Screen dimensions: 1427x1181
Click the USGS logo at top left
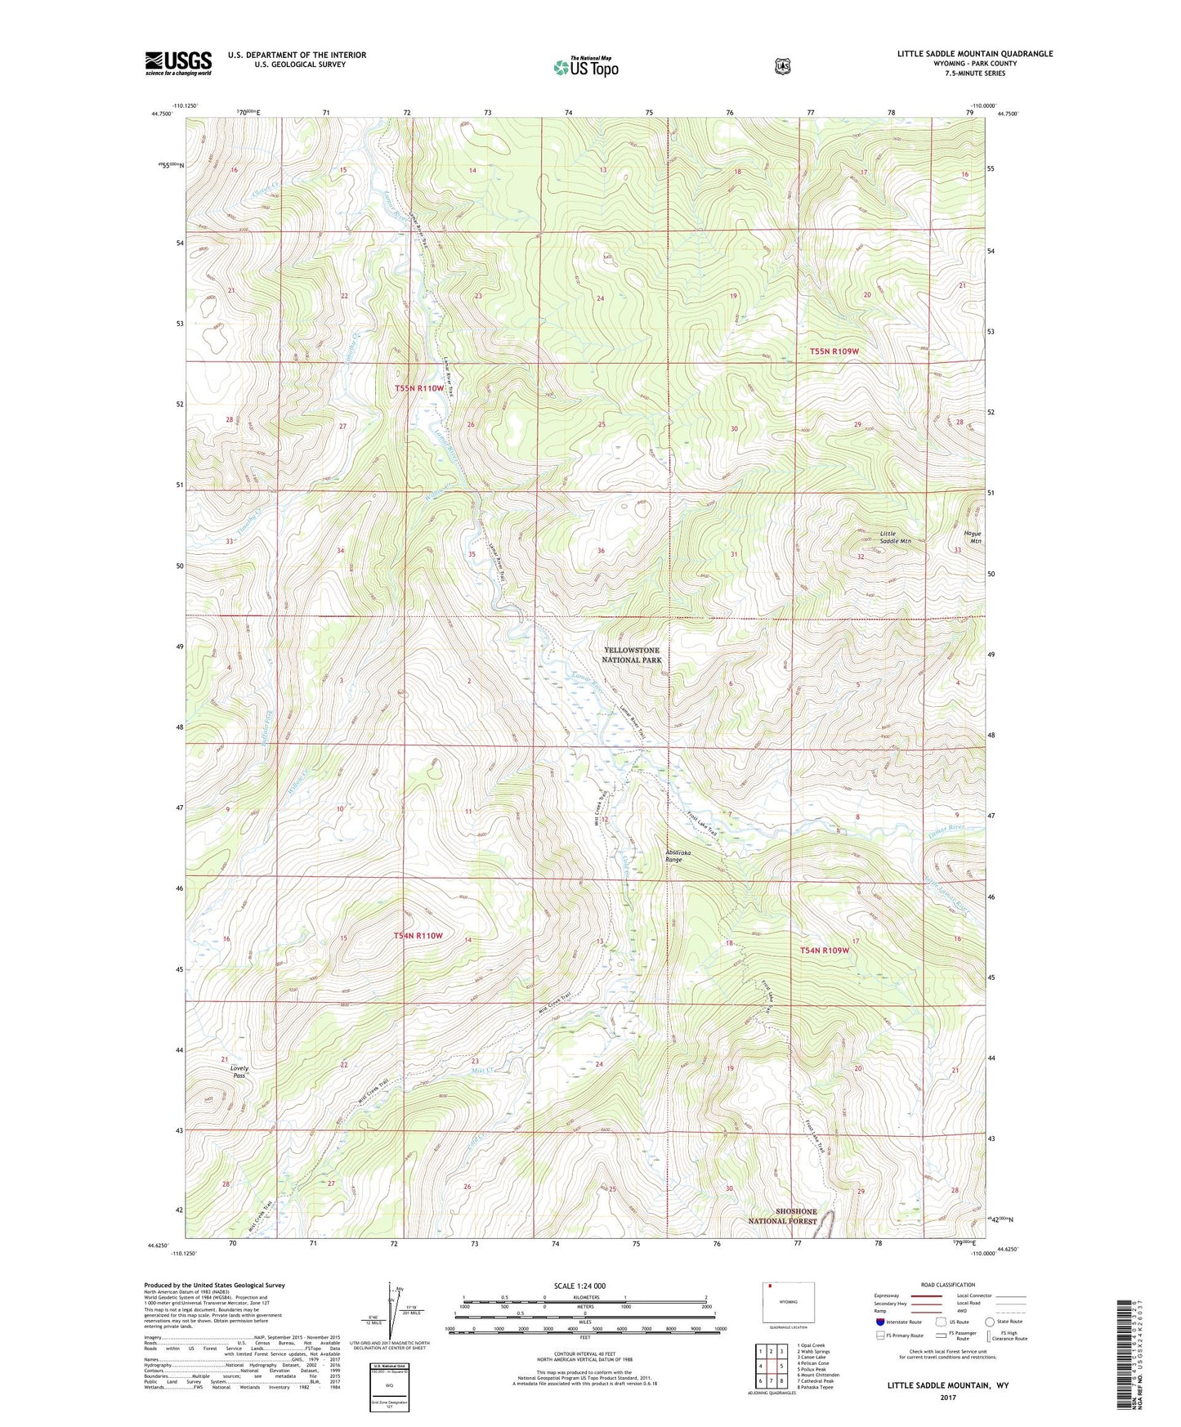click(x=178, y=63)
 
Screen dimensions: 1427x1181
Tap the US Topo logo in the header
click(x=585, y=67)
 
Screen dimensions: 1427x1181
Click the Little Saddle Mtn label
click(x=895, y=537)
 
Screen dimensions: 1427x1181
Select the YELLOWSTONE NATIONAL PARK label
click(x=631, y=655)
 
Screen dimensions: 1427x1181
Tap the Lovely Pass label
click(x=239, y=1071)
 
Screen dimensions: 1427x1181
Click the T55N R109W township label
click(x=834, y=351)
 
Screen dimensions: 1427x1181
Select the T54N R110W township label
click(x=418, y=935)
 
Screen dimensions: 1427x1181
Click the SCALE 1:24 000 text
click(x=579, y=1286)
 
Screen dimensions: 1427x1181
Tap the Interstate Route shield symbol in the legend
click(x=879, y=1322)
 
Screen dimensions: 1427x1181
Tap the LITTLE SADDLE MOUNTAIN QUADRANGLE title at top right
click(x=974, y=54)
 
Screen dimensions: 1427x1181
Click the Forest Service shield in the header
click(x=782, y=66)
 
